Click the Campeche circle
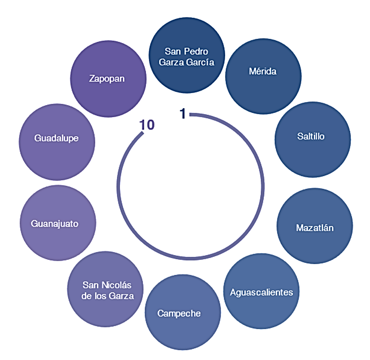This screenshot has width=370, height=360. coord(183,313)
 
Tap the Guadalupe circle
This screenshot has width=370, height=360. coord(57,143)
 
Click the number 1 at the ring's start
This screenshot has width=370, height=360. coord(183,114)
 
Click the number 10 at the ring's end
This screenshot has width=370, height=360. coord(147,126)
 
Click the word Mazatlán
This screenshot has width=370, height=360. coord(315,228)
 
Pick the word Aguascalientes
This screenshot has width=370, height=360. coord(262,292)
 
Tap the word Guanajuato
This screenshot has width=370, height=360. coord(55,224)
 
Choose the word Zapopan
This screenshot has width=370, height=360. coord(107,79)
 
